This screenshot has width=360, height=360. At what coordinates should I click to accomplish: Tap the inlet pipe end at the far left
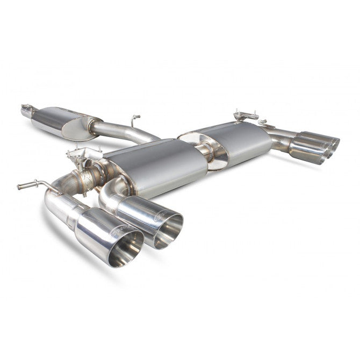click(25, 111)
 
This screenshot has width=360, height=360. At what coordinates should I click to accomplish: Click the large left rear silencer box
click(156, 167)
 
